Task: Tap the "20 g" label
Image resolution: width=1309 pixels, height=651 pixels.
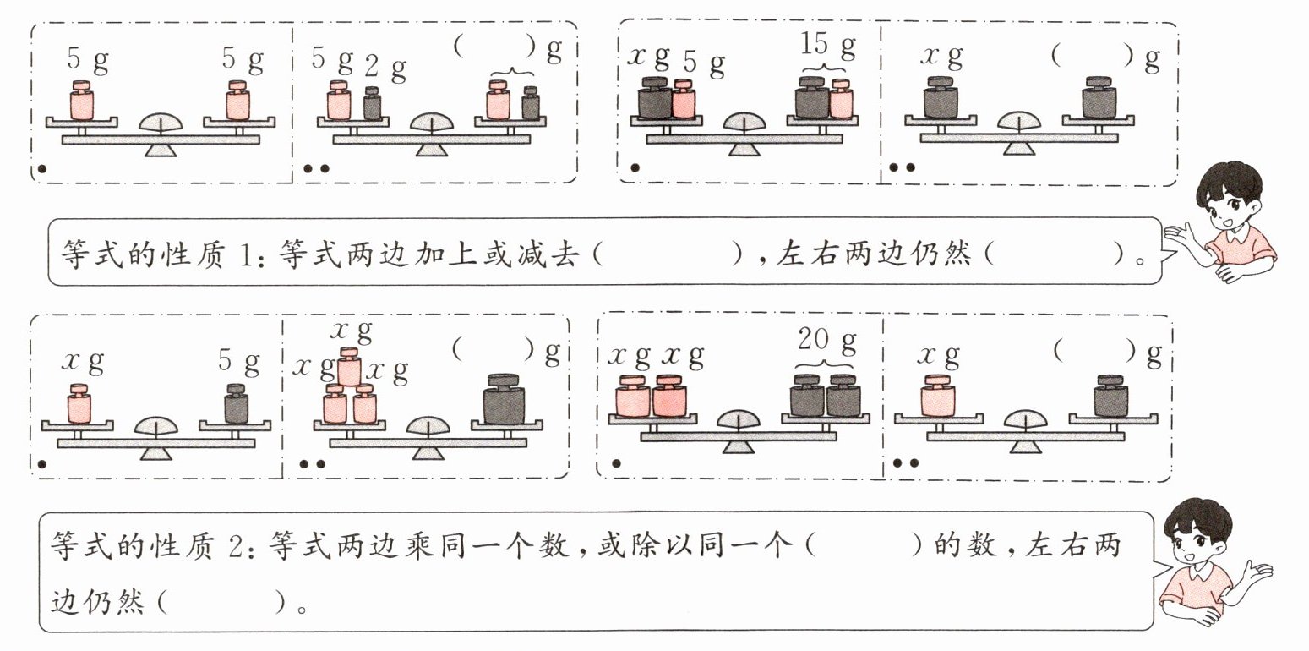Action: (826, 342)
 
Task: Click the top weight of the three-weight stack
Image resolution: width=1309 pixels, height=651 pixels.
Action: (350, 367)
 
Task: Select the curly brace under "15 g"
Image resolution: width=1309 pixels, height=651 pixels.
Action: (826, 68)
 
